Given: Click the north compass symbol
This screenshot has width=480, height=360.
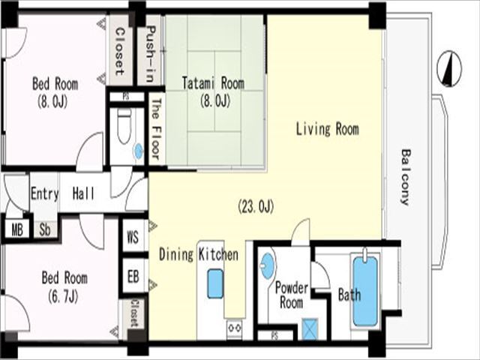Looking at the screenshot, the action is click(x=449, y=68).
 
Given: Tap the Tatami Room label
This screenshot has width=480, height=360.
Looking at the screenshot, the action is click(x=213, y=83).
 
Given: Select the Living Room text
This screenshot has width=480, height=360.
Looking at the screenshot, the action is click(x=327, y=128).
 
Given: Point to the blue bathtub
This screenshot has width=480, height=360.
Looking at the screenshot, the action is click(x=365, y=292).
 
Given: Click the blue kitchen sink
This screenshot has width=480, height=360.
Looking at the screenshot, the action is click(x=215, y=283).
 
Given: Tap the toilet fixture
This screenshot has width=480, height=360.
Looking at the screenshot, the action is click(x=124, y=126).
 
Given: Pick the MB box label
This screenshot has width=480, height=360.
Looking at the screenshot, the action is click(x=17, y=229).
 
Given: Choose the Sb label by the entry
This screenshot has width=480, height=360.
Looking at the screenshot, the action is click(x=45, y=229).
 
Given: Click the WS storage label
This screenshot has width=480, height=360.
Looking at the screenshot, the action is click(x=133, y=237).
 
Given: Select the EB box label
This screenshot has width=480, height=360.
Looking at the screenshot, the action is click(x=133, y=277).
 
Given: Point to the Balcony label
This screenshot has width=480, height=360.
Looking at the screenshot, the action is click(x=406, y=177).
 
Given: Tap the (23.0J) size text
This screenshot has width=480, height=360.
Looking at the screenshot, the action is click(x=256, y=206).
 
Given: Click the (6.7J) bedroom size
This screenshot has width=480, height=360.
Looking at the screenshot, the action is click(x=63, y=296).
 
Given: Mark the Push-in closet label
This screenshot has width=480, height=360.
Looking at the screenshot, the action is click(x=150, y=54).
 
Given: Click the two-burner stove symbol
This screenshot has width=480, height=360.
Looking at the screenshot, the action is click(x=235, y=328).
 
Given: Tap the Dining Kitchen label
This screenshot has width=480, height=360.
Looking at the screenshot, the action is click(x=199, y=254).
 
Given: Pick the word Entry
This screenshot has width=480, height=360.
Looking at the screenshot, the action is click(x=44, y=193).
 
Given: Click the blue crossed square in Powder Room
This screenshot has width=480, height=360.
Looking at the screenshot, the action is click(x=310, y=329).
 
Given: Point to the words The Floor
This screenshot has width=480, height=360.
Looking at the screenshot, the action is click(x=156, y=129).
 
